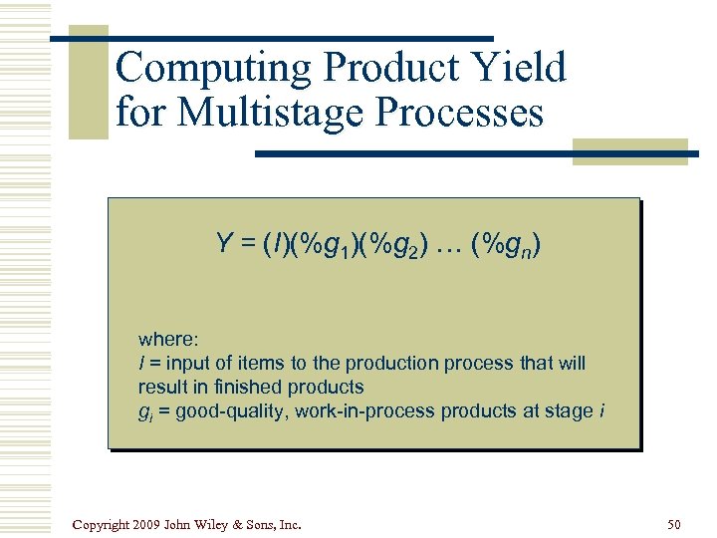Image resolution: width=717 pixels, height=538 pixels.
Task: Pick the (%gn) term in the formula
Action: pos(508,243)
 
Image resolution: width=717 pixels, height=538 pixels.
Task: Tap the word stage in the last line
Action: pos(571,410)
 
